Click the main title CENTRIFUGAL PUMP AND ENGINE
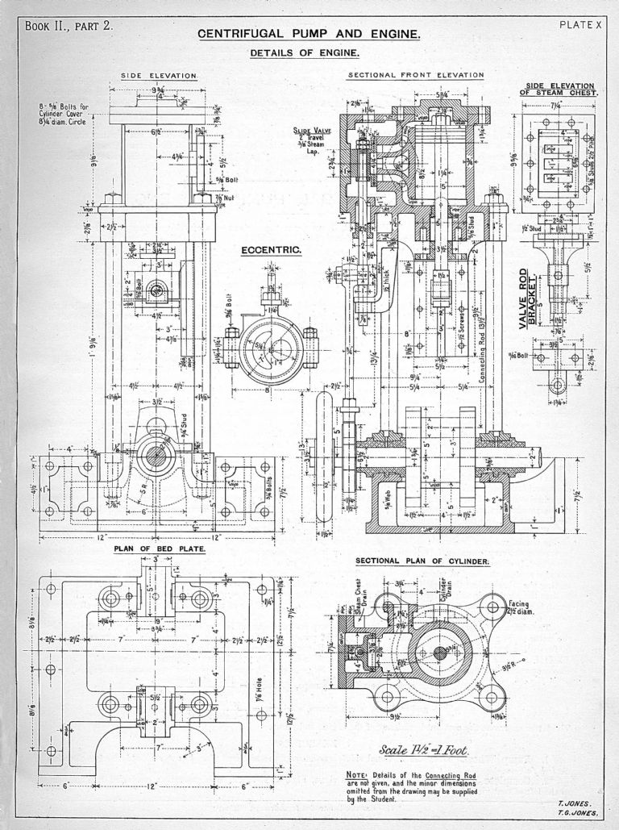tap(309, 35)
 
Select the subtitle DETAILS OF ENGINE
tap(304, 53)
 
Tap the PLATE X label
tap(580, 24)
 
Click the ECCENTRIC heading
tap(272, 250)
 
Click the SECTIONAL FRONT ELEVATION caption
tap(415, 75)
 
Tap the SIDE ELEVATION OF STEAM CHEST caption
tap(560, 89)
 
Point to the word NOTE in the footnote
tap(355, 775)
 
